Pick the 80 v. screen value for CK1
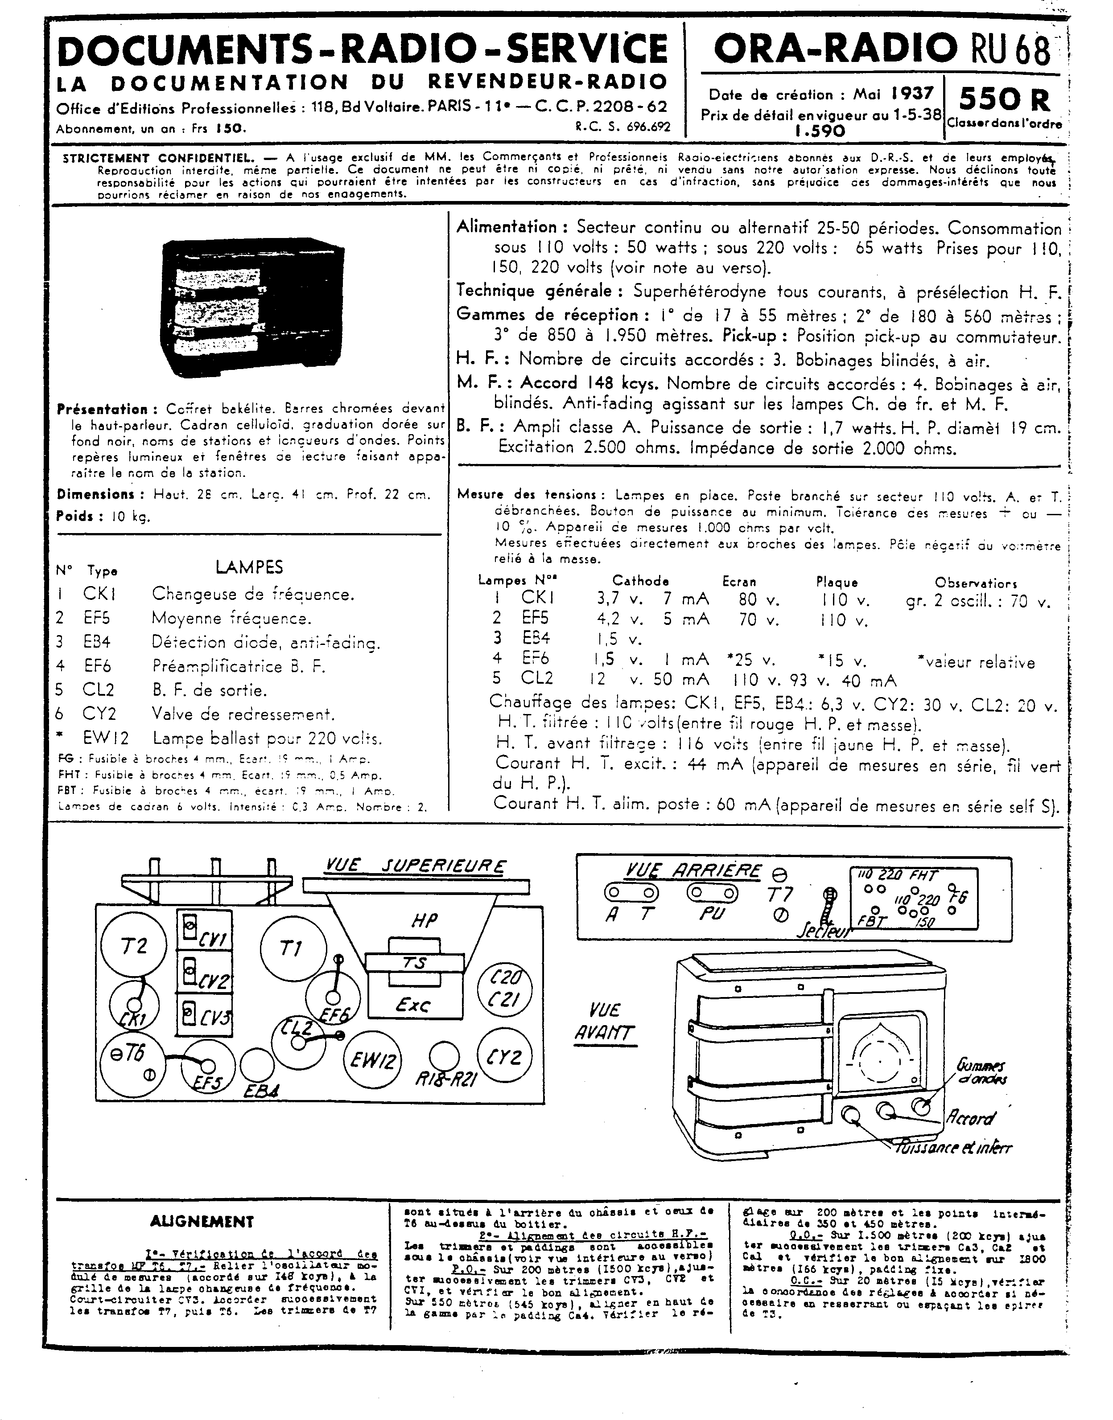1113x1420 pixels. (758, 599)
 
